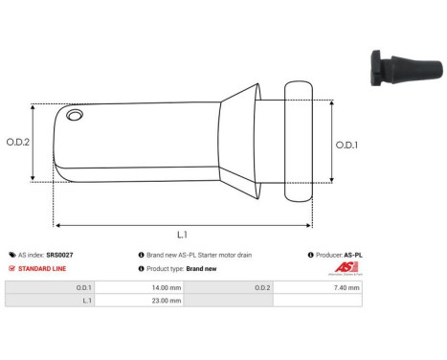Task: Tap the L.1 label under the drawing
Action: (182, 234)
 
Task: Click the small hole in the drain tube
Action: (76, 118)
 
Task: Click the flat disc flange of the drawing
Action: (298, 142)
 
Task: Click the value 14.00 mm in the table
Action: (142, 285)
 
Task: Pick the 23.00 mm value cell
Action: (142, 300)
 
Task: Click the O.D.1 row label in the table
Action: (84, 285)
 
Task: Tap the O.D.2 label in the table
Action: (261, 285)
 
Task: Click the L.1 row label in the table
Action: (85, 300)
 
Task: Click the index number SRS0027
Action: (59, 256)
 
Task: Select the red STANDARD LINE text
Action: (40, 269)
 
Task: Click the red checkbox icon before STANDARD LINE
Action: (11, 269)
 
